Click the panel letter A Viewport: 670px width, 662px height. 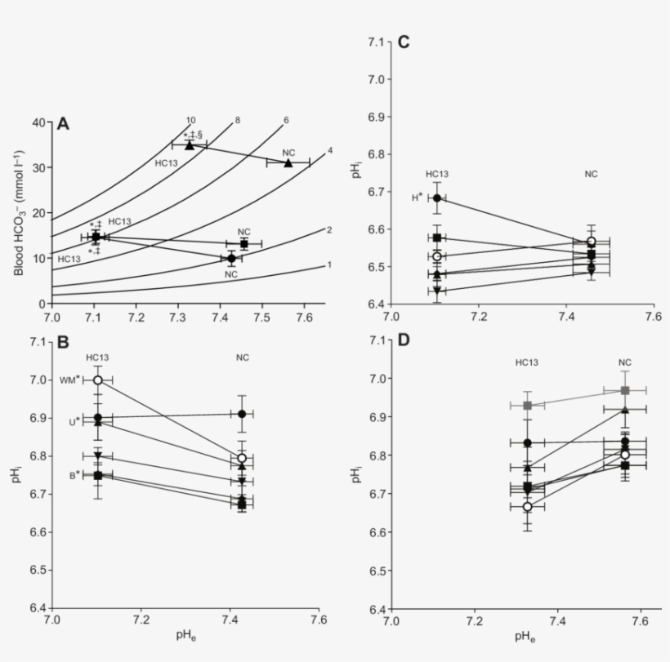point(63,123)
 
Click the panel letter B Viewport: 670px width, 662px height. point(63,344)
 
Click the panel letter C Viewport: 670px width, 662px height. point(403,42)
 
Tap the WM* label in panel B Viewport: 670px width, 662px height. point(79,380)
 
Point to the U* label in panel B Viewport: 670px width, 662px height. point(74,421)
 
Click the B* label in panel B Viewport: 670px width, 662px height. point(74,474)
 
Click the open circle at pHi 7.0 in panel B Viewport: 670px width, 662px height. point(98,380)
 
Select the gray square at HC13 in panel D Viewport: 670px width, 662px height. point(528,406)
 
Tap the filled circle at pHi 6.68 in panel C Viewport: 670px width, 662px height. point(437,198)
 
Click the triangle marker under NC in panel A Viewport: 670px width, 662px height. point(288,163)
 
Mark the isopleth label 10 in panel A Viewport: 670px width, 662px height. point(190,121)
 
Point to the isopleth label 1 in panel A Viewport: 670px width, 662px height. point(328,264)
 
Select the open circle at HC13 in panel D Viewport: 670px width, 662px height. point(528,506)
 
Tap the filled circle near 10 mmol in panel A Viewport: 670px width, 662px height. point(231,258)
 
